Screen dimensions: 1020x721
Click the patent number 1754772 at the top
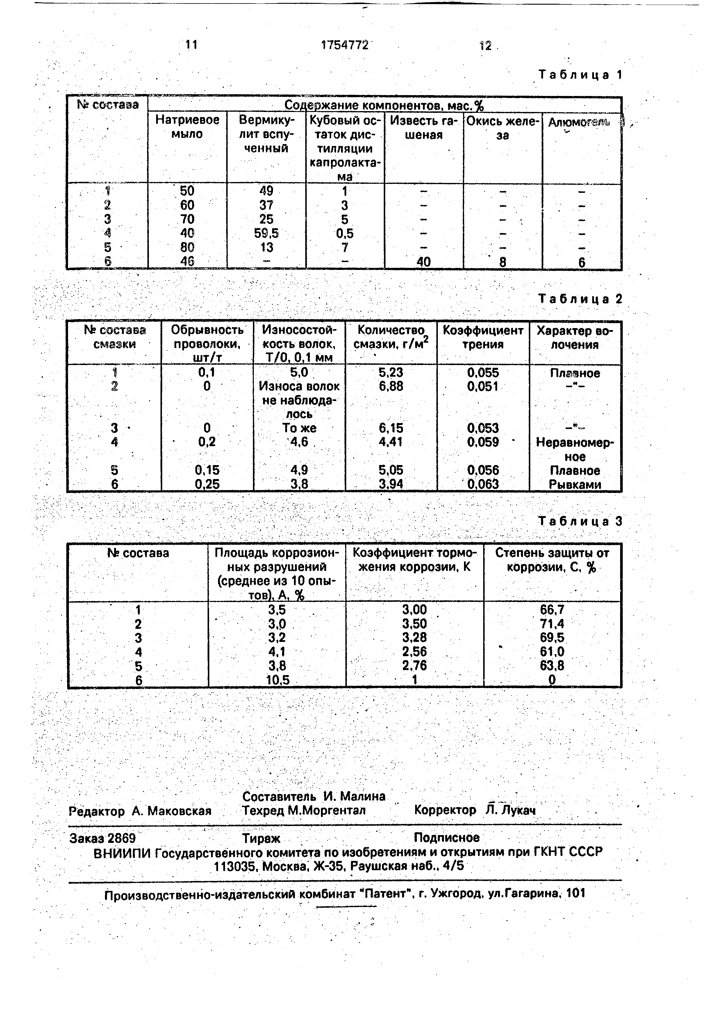click(345, 45)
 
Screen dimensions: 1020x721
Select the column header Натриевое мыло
click(187, 127)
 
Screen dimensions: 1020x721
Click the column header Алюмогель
click(579, 122)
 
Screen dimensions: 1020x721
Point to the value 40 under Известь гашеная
click(424, 262)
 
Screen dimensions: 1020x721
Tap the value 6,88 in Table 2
click(391, 387)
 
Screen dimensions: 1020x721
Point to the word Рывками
click(575, 484)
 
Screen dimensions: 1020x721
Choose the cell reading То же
click(299, 428)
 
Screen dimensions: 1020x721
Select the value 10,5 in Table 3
click(277, 680)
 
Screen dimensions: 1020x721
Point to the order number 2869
click(122, 838)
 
